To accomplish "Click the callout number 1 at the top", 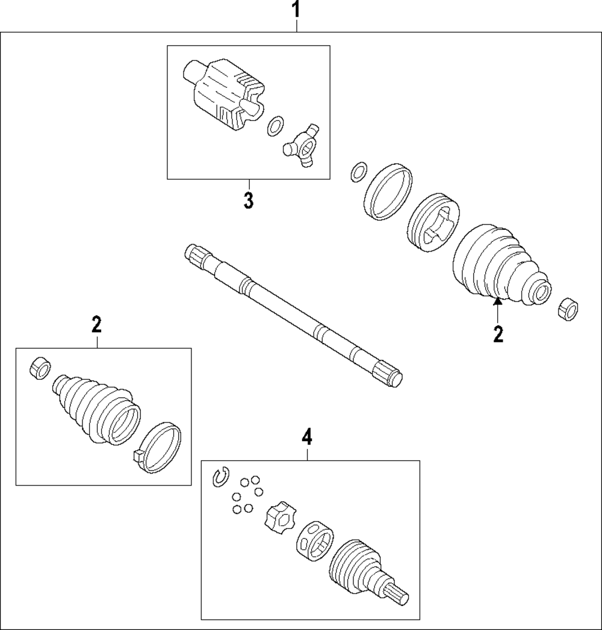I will coord(296,10).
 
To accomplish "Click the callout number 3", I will coord(248,200).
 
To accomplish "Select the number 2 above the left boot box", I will coord(96,324).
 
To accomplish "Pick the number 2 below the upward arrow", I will coord(498,335).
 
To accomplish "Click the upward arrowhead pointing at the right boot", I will coord(498,303).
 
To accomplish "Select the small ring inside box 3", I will coord(275,126).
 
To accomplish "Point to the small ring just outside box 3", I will coord(358,171).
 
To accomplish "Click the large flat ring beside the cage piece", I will coord(390,191).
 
